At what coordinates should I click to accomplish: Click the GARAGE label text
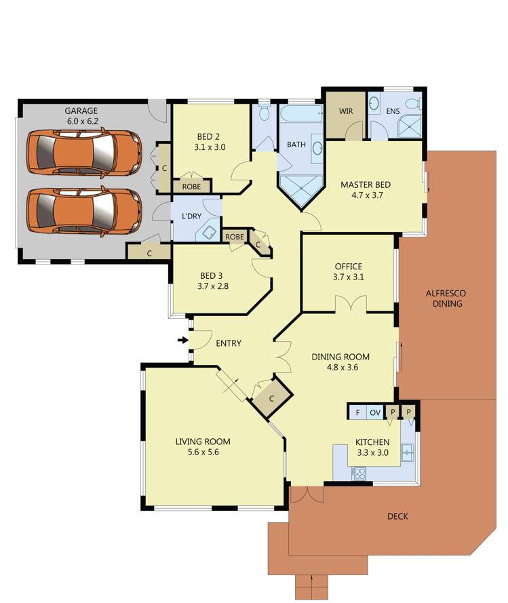(81, 111)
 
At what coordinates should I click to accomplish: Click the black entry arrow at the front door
(182, 340)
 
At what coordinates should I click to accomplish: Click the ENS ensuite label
(393, 111)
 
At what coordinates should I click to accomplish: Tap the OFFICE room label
(348, 267)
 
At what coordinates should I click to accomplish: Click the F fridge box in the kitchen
(356, 412)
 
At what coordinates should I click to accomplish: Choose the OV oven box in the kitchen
(374, 412)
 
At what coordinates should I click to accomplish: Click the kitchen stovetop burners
(357, 474)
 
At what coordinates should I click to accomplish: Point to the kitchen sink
(408, 451)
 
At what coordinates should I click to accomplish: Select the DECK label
(397, 516)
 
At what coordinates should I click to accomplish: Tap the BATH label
(296, 144)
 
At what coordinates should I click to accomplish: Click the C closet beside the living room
(271, 398)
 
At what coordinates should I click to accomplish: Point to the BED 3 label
(211, 275)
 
